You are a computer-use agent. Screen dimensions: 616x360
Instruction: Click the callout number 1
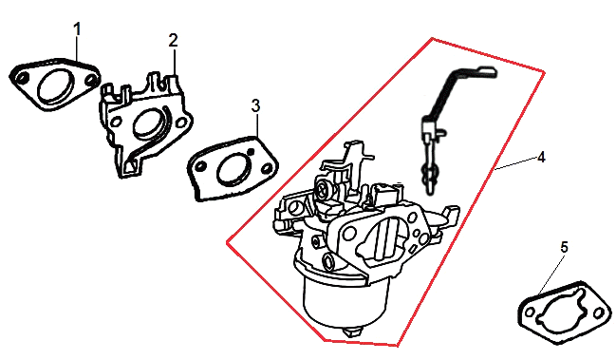[x=78, y=29]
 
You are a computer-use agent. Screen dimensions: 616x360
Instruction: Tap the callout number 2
[x=174, y=41]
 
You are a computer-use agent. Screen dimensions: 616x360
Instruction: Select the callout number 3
[x=255, y=105]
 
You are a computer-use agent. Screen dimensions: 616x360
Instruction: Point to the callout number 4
[x=541, y=158]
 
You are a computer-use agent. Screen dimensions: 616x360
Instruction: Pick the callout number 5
[x=564, y=247]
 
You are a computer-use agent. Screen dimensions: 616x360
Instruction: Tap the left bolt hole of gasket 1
[x=23, y=78]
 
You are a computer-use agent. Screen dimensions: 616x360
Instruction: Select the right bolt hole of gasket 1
[x=91, y=80]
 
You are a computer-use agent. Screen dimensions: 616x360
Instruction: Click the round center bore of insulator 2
[x=147, y=123]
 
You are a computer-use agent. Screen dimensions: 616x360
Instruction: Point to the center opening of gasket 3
[x=233, y=169]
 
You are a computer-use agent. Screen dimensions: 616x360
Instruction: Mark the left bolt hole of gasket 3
[x=200, y=166]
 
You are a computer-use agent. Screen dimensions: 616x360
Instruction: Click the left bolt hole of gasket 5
[x=530, y=313]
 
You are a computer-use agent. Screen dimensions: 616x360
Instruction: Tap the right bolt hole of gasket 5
[x=598, y=313]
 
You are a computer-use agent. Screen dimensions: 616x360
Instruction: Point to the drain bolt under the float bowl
[x=351, y=332]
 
